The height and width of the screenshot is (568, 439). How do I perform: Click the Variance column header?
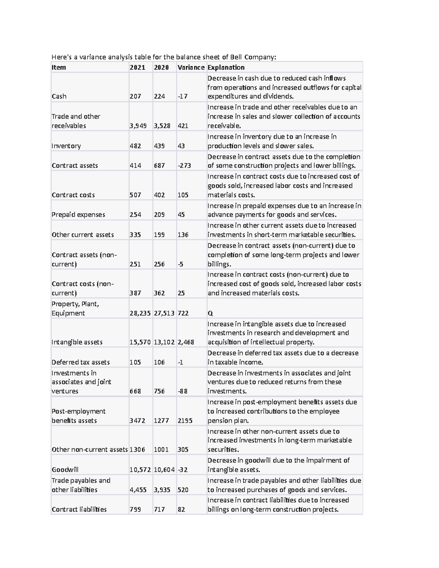pyautogui.click(x=191, y=67)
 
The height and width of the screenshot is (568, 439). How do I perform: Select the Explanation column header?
pyautogui.click(x=226, y=67)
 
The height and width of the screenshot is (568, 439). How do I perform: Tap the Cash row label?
pyautogui.click(x=59, y=96)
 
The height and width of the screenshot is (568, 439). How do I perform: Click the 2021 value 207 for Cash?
pyautogui.click(x=135, y=96)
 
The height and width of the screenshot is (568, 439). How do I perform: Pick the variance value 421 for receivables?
pyautogui.click(x=183, y=125)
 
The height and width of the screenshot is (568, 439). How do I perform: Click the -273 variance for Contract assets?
pyautogui.click(x=184, y=165)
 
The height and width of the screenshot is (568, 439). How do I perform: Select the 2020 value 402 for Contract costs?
pyautogui.click(x=159, y=195)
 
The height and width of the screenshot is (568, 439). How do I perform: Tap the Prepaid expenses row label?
pyautogui.click(x=78, y=215)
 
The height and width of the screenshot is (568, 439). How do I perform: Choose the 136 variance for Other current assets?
pyautogui.click(x=183, y=234)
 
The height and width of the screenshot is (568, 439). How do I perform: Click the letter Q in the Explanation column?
pyautogui.click(x=210, y=313)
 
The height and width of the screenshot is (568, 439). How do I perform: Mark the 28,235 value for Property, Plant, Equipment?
pyautogui.click(x=140, y=313)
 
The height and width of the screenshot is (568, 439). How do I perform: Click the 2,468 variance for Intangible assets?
pyautogui.click(x=186, y=342)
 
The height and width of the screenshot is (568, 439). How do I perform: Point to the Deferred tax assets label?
pyautogui.click(x=80, y=362)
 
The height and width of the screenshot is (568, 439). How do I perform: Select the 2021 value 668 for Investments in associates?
pyautogui.click(x=135, y=391)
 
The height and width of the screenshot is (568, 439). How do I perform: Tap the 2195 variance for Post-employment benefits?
pyautogui.click(x=185, y=420)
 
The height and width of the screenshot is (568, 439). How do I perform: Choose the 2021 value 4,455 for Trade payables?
pyautogui.click(x=138, y=490)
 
